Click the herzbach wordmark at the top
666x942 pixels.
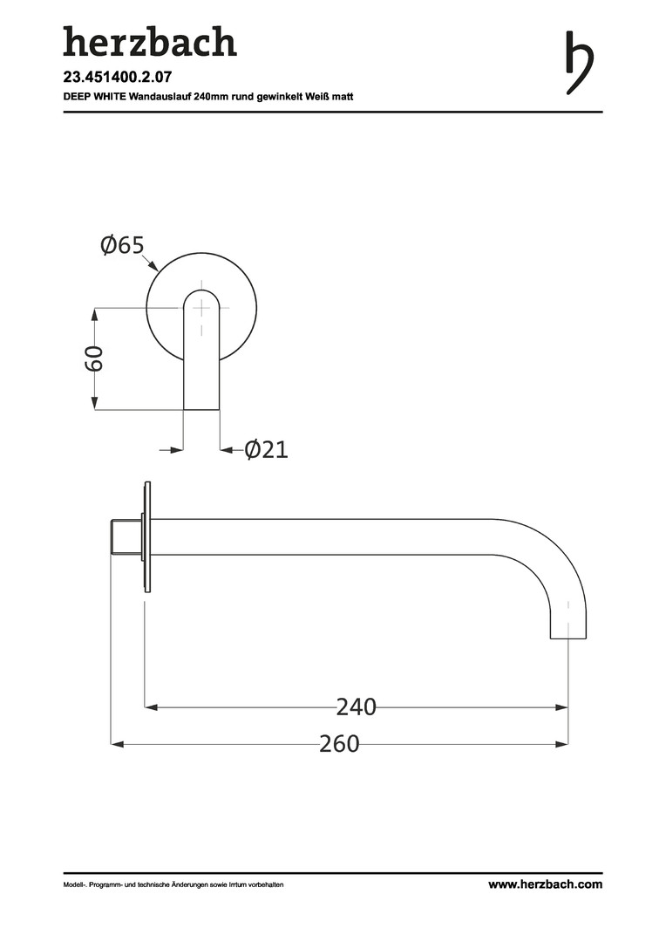(150, 42)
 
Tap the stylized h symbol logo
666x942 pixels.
(579, 63)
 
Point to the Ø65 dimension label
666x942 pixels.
(123, 245)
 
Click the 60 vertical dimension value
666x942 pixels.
(94, 358)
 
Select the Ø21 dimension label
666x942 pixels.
(267, 449)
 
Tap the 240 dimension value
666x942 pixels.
(357, 707)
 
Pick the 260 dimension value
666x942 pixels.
(339, 744)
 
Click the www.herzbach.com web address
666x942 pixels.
(546, 884)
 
